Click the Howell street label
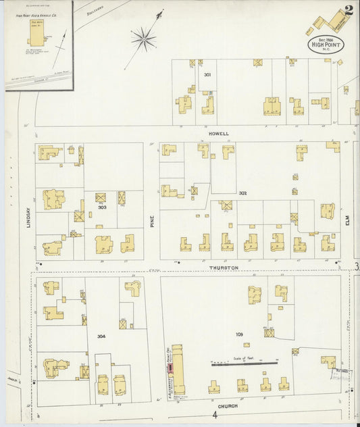[x=219, y=134]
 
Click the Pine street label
[x=152, y=220]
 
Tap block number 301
[x=207, y=74]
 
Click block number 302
[x=242, y=194]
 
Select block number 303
[x=102, y=207]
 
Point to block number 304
[x=101, y=336]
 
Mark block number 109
[x=239, y=334]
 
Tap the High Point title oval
[x=326, y=45]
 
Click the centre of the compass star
[x=144, y=39]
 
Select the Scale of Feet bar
[x=245, y=363]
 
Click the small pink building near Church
[x=170, y=368]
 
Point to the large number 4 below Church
[x=213, y=414]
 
